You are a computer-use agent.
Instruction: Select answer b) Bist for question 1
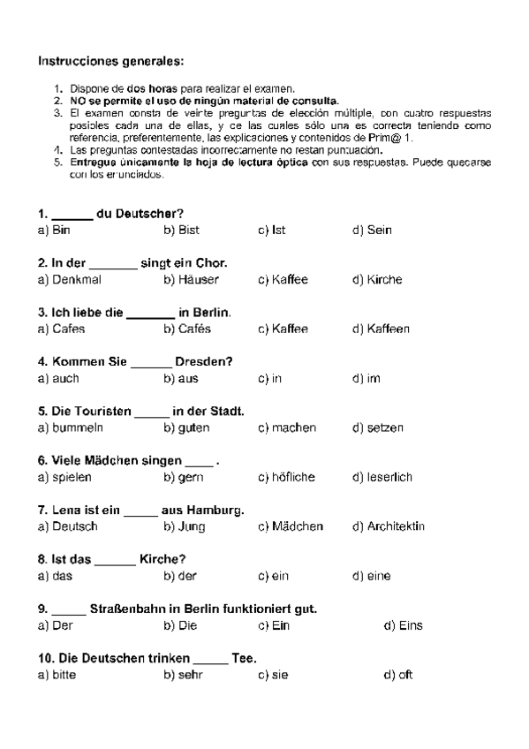tap(181, 231)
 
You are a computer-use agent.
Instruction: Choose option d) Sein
tap(372, 231)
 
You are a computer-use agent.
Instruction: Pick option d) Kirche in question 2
tap(377, 280)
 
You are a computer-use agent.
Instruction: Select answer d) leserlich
tap(382, 478)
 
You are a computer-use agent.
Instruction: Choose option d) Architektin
tap(388, 527)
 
